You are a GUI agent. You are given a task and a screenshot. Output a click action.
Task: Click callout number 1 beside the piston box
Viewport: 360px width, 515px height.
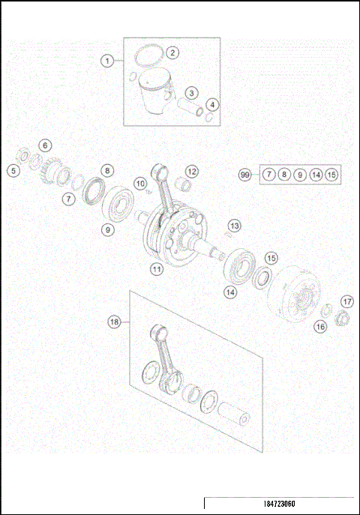pyautogui.click(x=108, y=60)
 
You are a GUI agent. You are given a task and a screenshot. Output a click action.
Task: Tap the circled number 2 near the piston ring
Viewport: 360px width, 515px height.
pyautogui.click(x=172, y=52)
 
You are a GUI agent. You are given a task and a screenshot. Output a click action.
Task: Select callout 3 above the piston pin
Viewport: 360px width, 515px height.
pyautogui.click(x=192, y=93)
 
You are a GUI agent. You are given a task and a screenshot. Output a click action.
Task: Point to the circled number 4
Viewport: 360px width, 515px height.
pyautogui.click(x=213, y=104)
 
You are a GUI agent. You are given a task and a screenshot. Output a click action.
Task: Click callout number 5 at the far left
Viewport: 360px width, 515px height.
pyautogui.click(x=13, y=171)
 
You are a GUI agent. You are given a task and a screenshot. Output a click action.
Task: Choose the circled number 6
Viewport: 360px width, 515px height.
pyautogui.click(x=45, y=145)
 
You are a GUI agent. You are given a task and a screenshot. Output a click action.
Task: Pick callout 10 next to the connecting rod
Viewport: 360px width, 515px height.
pyautogui.click(x=139, y=183)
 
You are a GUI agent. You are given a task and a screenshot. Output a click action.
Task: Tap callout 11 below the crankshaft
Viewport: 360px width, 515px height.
pyautogui.click(x=157, y=268)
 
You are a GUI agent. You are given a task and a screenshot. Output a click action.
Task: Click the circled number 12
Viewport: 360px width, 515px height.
pyautogui.click(x=192, y=171)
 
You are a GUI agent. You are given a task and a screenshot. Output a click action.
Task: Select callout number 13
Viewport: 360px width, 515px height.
pyautogui.click(x=235, y=225)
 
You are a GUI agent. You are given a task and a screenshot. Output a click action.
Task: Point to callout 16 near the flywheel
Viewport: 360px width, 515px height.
pyautogui.click(x=320, y=326)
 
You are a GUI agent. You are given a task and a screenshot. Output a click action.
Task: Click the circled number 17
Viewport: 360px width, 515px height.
pyautogui.click(x=346, y=301)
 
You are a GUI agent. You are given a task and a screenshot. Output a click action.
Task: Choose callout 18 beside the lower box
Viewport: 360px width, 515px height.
pyautogui.click(x=114, y=322)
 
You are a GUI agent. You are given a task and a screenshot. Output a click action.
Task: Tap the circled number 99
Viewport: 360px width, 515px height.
pyautogui.click(x=244, y=175)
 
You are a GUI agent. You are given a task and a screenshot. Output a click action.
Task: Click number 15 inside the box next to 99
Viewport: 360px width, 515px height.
pyautogui.click(x=331, y=175)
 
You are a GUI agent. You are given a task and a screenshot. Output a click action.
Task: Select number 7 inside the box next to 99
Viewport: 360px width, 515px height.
pyautogui.click(x=268, y=175)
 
